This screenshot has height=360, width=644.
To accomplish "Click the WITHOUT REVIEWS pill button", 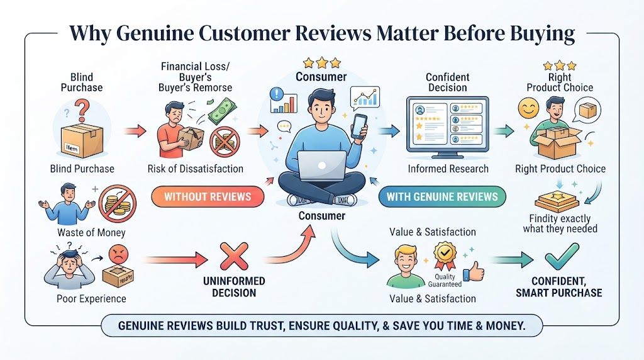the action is tap(208, 196).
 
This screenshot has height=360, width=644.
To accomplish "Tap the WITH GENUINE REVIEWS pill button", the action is tap(442, 196).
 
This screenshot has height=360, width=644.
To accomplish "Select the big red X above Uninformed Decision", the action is tap(234, 256).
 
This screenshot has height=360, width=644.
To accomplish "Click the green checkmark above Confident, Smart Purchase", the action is tap(562, 256).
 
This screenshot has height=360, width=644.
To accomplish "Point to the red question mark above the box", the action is tap(82, 110).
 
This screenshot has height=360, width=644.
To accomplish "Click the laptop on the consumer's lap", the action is tap(322, 166).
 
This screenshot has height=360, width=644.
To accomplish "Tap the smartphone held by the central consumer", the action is tap(359, 126).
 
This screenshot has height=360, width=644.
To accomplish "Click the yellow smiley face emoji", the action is tap(528, 108).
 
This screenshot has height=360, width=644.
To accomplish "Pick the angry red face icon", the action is tap(118, 255).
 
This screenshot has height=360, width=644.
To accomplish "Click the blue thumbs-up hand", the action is tap(473, 271).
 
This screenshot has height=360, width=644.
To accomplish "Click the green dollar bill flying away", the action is tap(222, 110).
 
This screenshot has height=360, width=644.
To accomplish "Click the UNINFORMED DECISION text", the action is tap(234, 287).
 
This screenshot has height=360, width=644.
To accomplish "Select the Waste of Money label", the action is tap(91, 233).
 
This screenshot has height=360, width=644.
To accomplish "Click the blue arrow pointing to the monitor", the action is tap(388, 131).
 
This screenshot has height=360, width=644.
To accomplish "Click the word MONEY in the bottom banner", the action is tap(505, 326).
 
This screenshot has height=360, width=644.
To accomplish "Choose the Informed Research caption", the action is tap(448, 169).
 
